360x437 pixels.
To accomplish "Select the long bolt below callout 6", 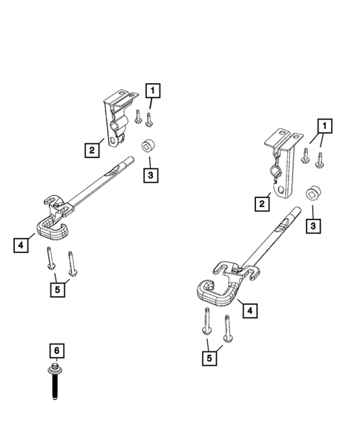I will [x=55, y=378].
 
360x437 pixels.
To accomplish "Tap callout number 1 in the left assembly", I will [x=152, y=92].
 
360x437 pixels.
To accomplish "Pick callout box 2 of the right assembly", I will [x=261, y=203].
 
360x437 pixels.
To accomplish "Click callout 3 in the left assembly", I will [x=151, y=175].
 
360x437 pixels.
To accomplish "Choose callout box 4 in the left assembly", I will [x=22, y=243].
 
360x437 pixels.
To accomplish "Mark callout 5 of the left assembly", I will [x=56, y=289].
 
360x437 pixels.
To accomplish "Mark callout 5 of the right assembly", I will [x=212, y=358].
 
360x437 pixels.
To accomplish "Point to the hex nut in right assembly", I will [x=313, y=194].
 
